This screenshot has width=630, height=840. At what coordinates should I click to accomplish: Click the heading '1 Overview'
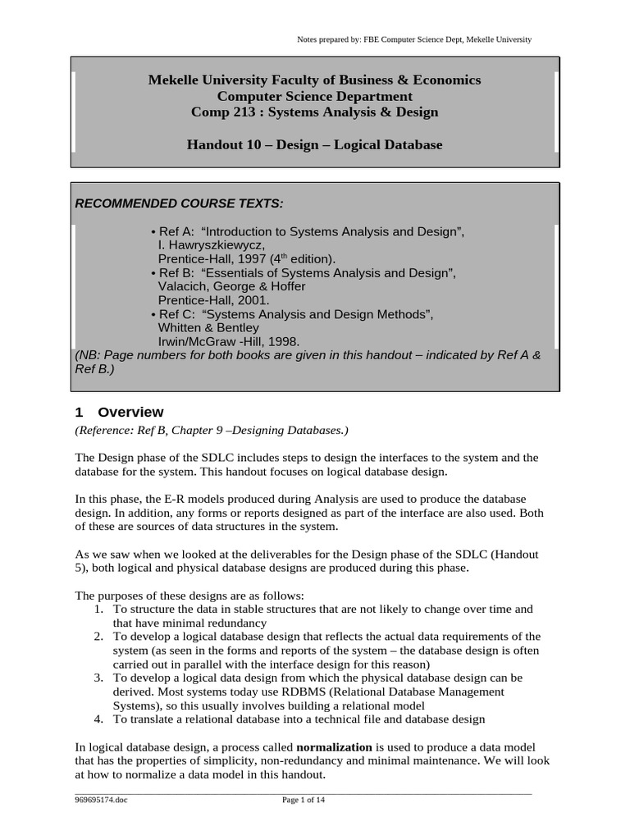tap(119, 412)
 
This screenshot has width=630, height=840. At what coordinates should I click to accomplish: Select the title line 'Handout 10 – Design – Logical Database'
tap(314, 145)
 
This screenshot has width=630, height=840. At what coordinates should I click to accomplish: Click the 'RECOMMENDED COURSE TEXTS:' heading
tap(180, 203)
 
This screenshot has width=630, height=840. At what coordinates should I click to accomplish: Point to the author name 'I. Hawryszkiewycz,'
tap(211, 245)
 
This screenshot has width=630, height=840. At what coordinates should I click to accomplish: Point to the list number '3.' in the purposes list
tap(98, 678)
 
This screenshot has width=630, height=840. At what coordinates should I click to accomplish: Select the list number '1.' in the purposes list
tap(98, 609)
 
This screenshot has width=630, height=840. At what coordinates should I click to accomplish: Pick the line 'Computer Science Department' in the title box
tap(314, 96)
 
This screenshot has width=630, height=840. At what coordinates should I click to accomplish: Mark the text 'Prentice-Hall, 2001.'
tap(212, 300)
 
